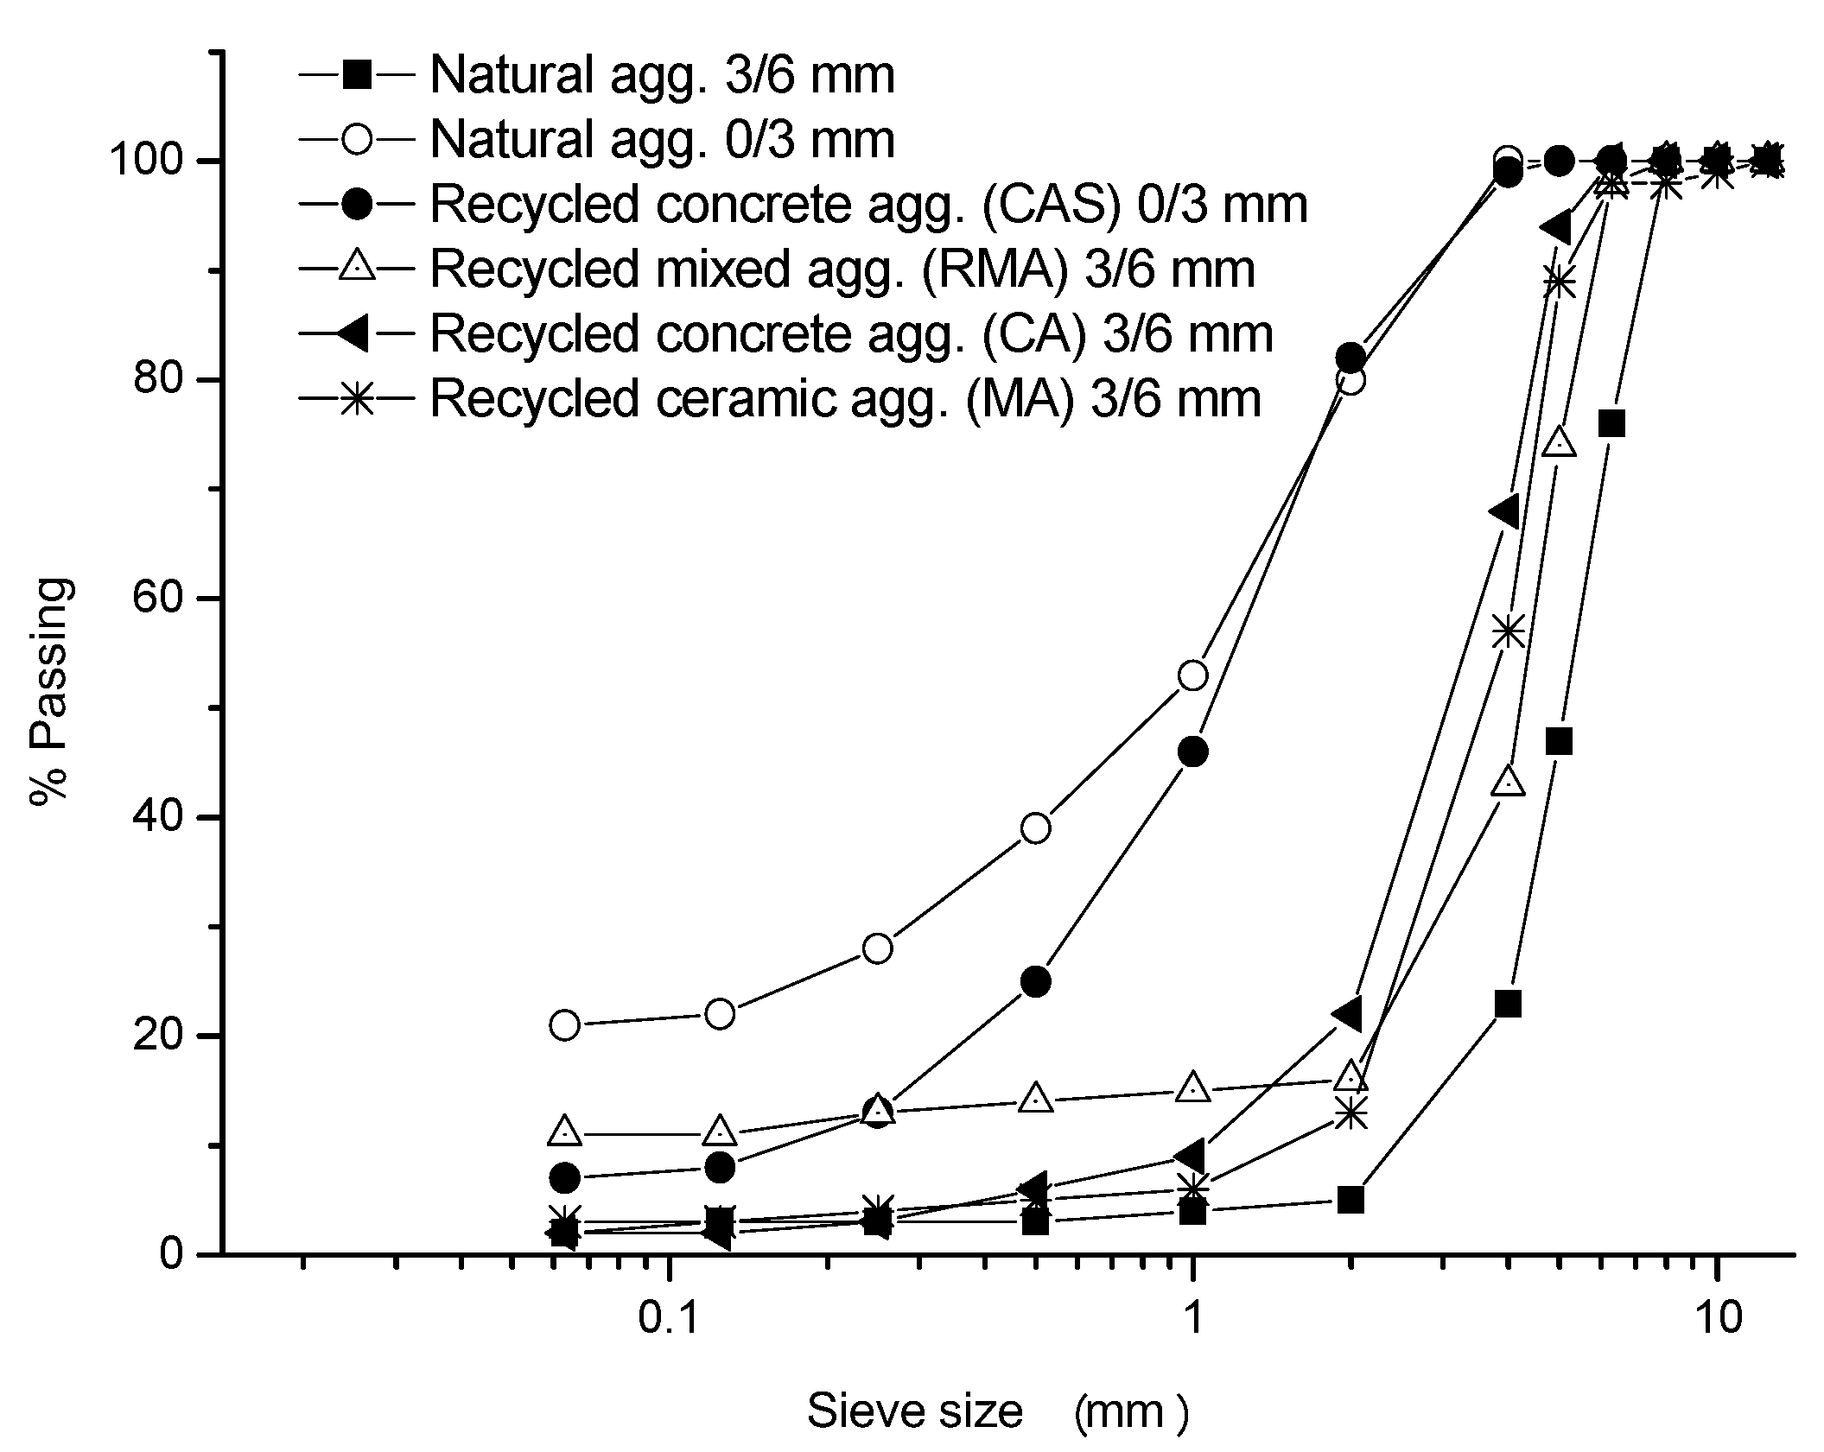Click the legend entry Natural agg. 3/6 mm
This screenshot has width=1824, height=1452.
point(662,75)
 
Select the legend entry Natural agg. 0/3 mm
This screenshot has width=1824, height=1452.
point(662,140)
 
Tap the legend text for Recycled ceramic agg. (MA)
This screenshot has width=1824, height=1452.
point(845,399)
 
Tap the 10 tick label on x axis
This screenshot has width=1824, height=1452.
point(1718,1319)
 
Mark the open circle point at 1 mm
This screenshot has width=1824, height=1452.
point(1193,675)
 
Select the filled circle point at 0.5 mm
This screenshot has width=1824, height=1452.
point(1036,981)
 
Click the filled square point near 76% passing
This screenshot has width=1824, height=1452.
point(1611,424)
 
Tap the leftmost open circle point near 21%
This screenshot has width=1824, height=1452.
point(564,1025)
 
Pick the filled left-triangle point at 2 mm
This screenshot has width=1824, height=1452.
point(1349,1013)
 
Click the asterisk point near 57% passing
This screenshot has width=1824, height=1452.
point(1509,631)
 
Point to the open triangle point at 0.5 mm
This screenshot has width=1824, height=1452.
point(1036,1100)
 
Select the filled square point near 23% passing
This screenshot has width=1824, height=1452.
point(1509,1004)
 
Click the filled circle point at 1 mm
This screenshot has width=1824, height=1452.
point(1193,752)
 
